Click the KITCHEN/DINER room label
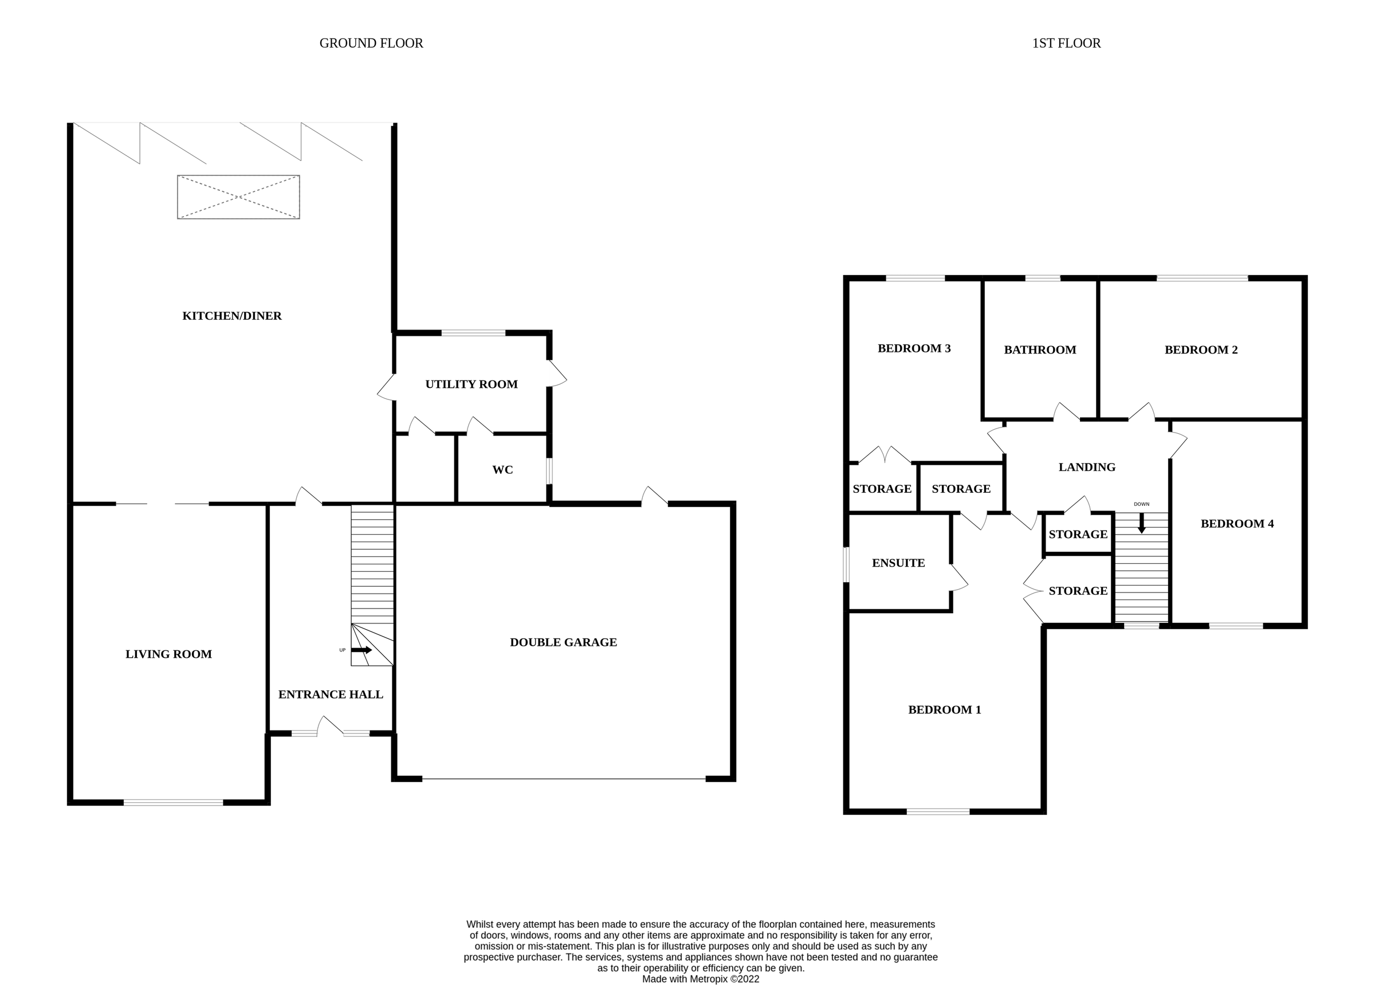click(231, 316)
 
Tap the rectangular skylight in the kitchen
click(238, 197)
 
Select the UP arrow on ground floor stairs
click(362, 650)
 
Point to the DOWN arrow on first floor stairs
click(1142, 523)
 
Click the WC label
click(502, 470)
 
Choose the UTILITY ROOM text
click(471, 384)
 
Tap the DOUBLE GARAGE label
click(563, 642)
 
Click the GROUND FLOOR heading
click(371, 43)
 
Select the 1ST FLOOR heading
click(1066, 43)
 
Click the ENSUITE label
click(898, 563)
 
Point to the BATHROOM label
click(1040, 350)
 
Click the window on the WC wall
click(549, 471)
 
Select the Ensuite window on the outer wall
click(847, 564)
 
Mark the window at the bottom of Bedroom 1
click(937, 811)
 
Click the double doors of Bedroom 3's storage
click(885, 456)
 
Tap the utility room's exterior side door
click(556, 375)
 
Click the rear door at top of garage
click(655, 497)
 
